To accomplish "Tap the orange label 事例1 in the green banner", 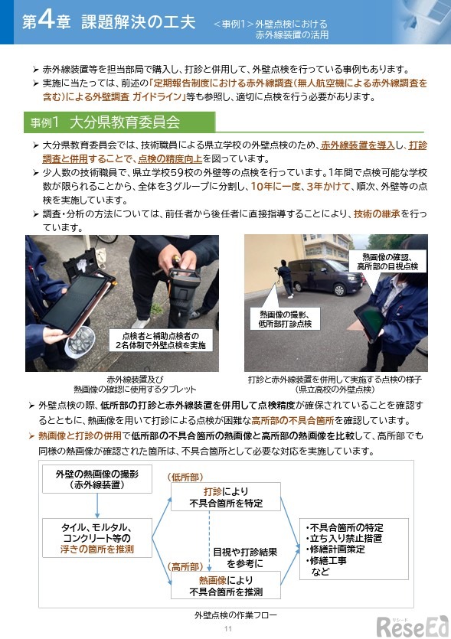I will [x=45, y=122].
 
